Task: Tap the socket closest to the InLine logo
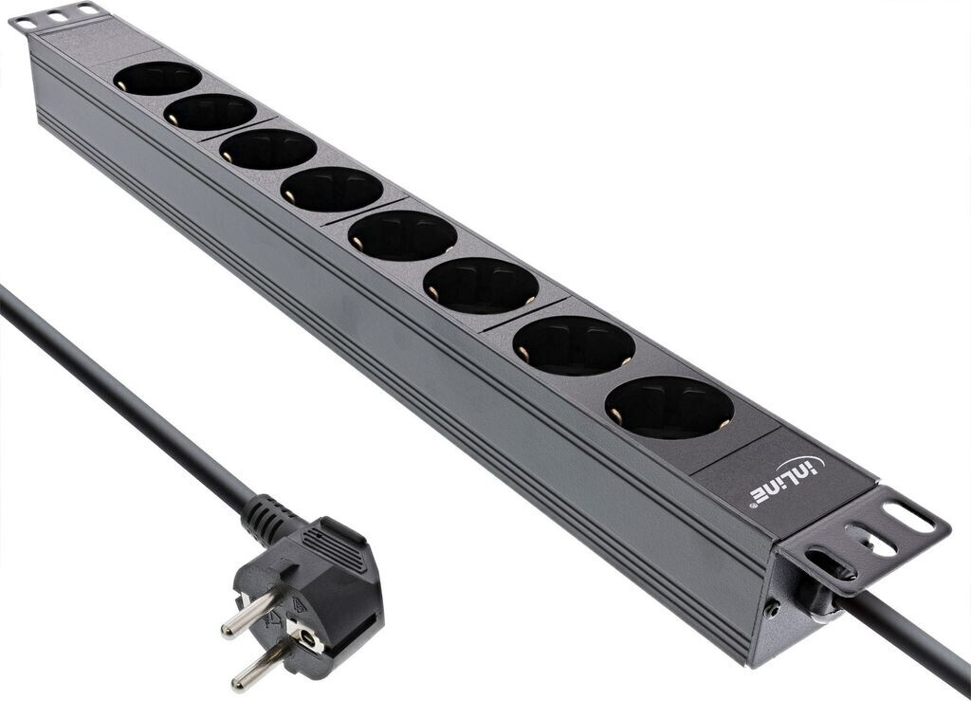coord(669,407)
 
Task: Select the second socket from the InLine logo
coord(574,345)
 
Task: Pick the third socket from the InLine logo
coord(481,285)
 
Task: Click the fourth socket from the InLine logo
coord(403,235)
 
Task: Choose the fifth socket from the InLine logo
coord(332,190)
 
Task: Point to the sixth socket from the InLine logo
coord(267,149)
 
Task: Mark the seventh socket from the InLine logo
coord(210,112)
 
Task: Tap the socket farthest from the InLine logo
coord(157,78)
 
